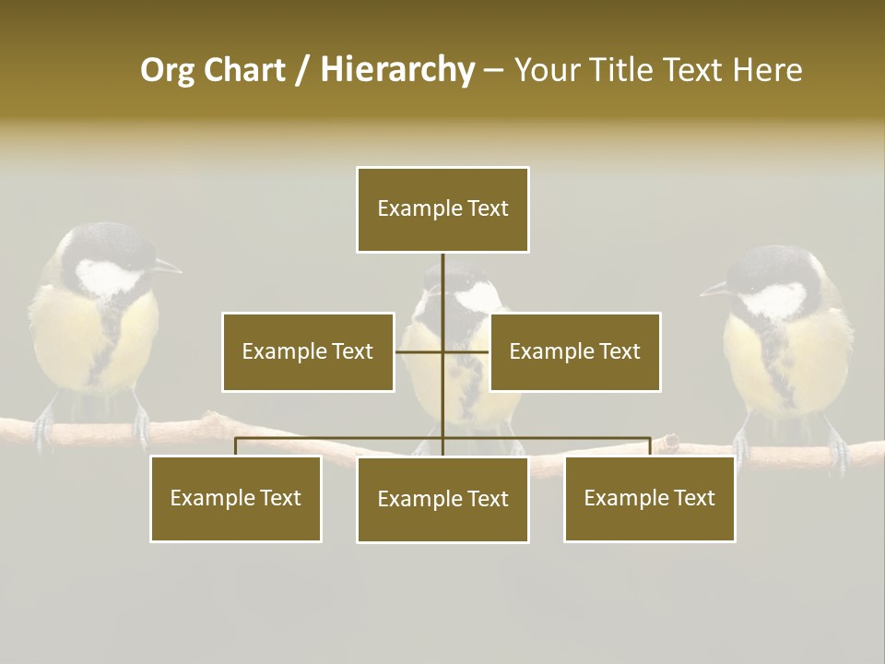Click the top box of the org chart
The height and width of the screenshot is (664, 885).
[x=442, y=209]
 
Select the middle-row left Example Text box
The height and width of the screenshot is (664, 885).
[x=308, y=351]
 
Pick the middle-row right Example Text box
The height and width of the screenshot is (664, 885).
[x=574, y=351]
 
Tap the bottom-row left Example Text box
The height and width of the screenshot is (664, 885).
[x=236, y=498]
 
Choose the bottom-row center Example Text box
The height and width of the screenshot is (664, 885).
[x=442, y=499]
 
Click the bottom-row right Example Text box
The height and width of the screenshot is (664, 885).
[x=650, y=498]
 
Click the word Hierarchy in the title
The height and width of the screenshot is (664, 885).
[x=397, y=70]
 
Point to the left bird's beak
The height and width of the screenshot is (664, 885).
[x=168, y=268]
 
